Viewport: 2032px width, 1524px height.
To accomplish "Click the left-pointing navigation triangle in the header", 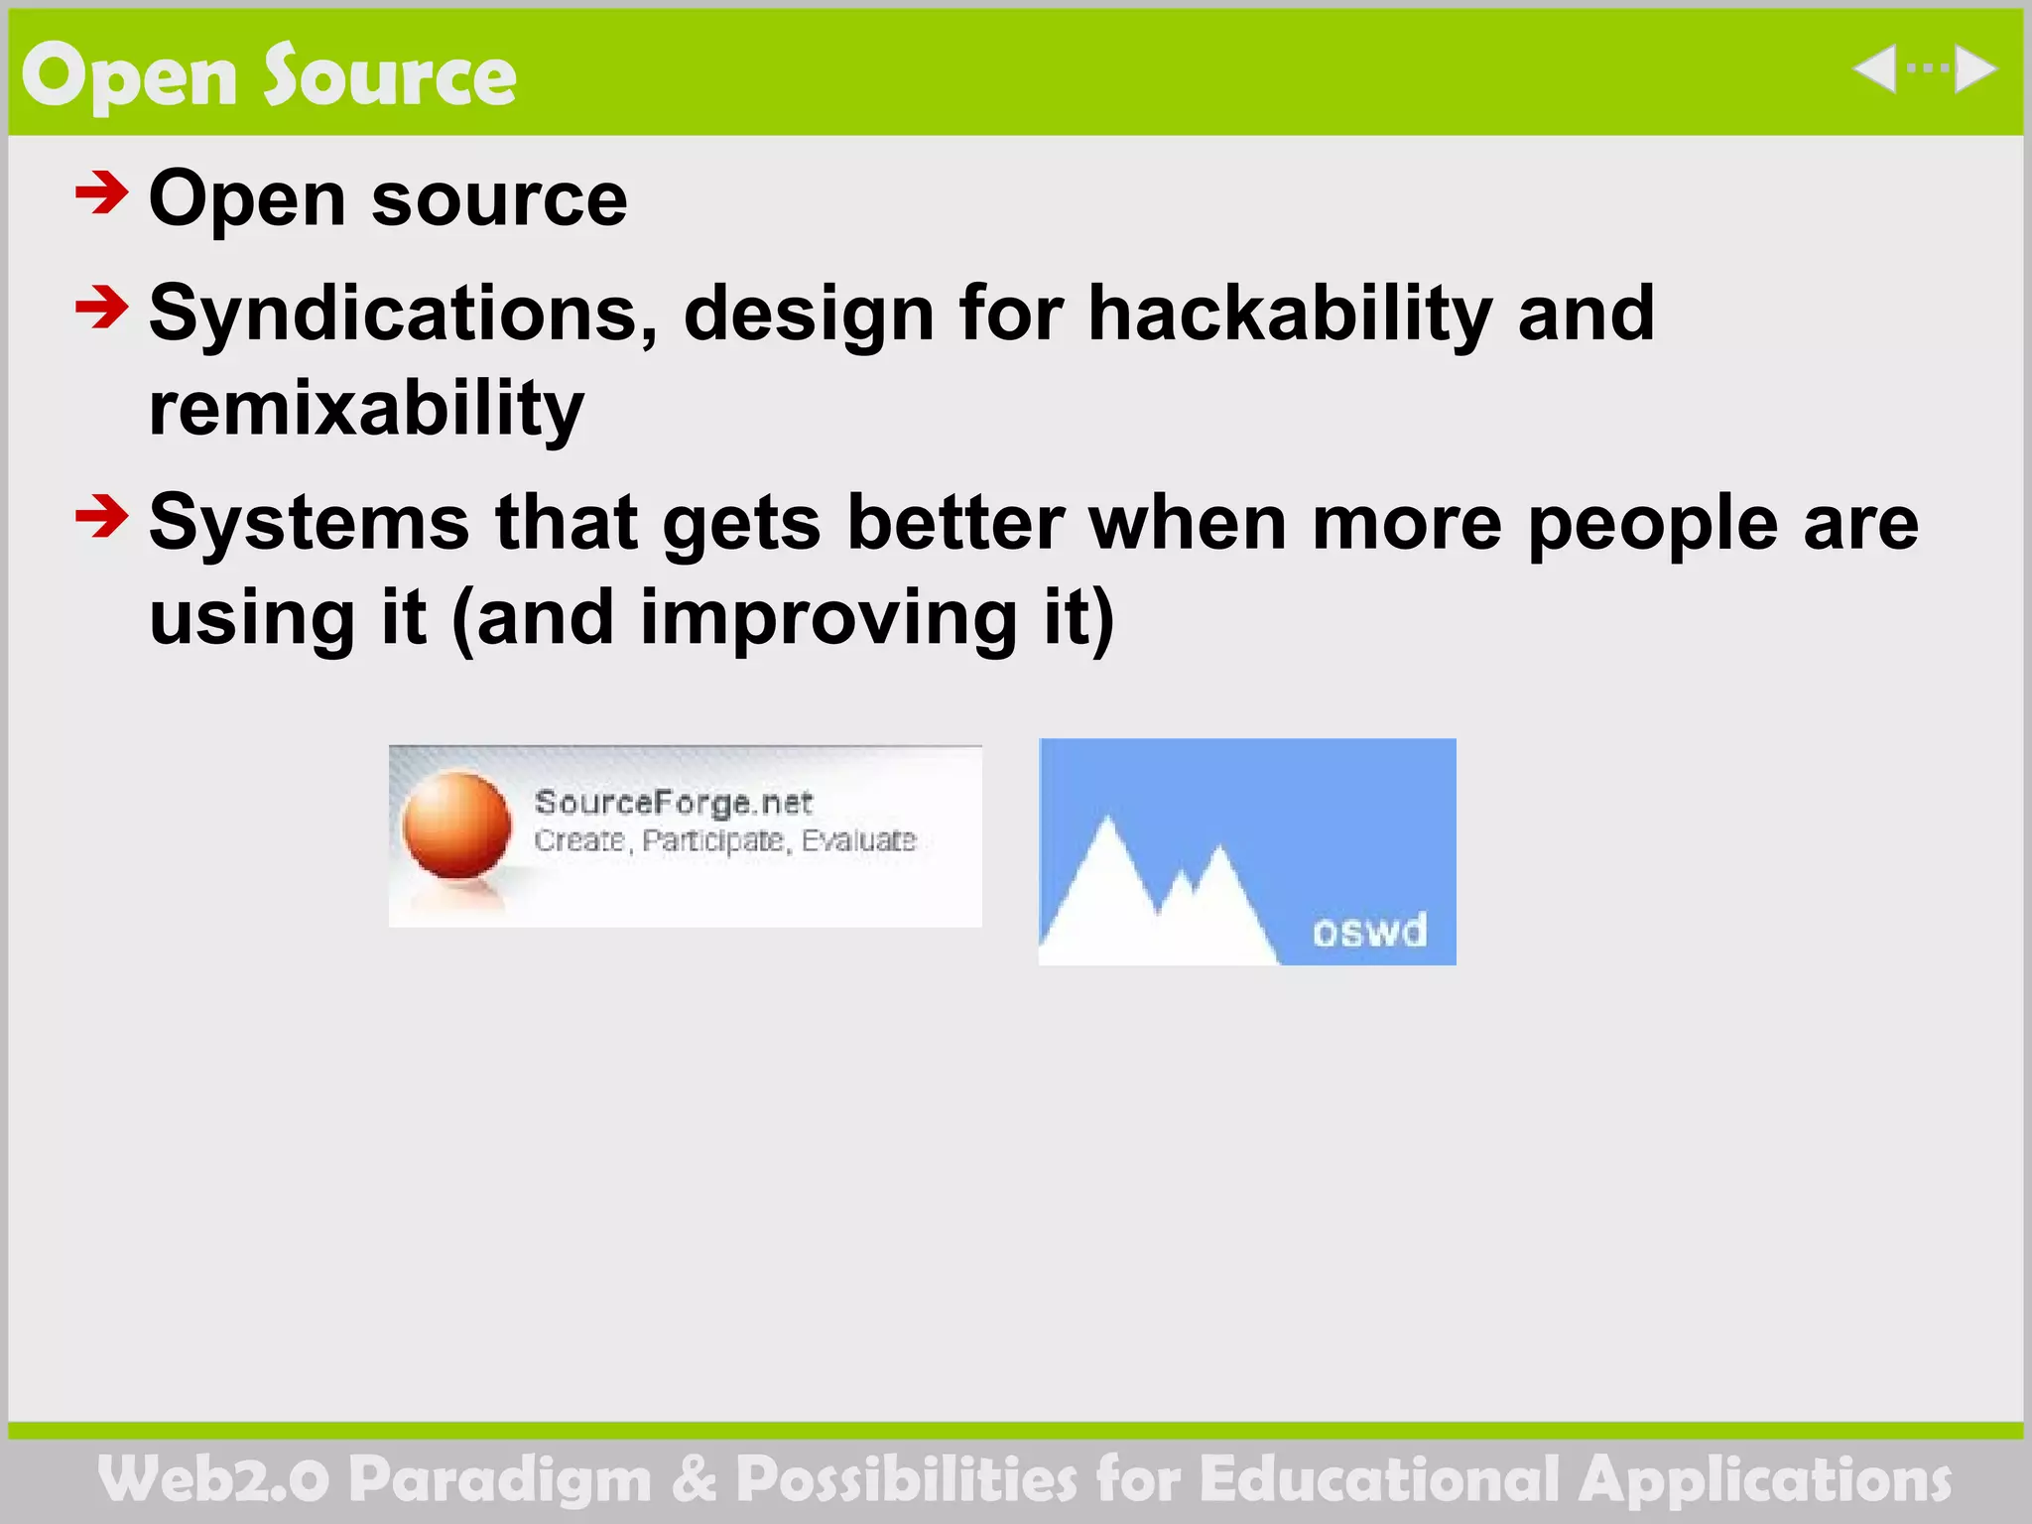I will tap(1876, 69).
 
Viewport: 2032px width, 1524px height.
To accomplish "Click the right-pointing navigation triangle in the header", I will tap(1973, 69).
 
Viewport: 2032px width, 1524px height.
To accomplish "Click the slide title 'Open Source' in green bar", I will tap(269, 76).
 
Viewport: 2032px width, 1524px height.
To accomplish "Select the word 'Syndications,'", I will tap(403, 314).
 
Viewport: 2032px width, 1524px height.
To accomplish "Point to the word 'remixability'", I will tap(366, 409).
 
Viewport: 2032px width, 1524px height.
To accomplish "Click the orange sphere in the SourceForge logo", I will tap(456, 825).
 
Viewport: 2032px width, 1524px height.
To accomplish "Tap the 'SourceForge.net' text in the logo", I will tap(674, 802).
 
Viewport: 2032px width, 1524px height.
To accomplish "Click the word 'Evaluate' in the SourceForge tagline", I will tap(858, 840).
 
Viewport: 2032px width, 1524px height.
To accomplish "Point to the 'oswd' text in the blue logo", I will tap(1369, 931).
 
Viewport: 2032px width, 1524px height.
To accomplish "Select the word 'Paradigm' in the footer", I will tap(501, 1479).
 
